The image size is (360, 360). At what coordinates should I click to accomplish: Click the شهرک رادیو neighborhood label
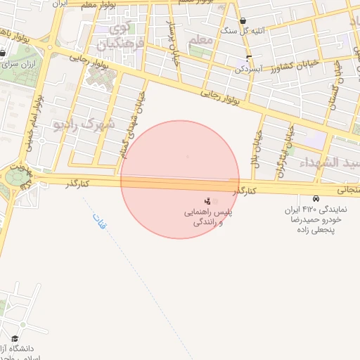coord(83,124)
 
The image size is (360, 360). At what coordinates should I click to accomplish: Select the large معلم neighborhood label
coord(201,39)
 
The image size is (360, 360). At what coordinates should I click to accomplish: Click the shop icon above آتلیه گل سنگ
coord(243,21)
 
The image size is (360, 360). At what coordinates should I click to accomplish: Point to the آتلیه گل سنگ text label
coord(239,32)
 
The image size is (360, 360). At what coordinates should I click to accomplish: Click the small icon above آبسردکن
coord(248,56)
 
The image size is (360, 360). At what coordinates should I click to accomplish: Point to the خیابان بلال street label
coord(257,148)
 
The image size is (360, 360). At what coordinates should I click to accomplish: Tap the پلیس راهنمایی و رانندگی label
coord(208,217)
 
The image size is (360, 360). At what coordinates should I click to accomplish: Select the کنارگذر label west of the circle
coord(77,184)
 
